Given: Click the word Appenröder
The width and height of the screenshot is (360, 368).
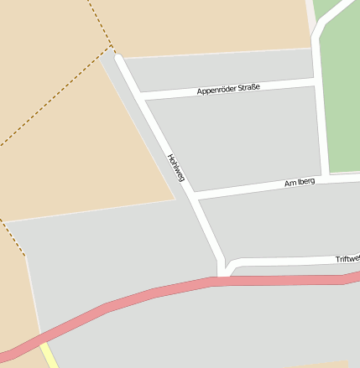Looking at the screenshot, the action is pyautogui.click(x=217, y=89).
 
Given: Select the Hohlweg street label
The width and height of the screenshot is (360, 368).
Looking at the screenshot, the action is pyautogui.click(x=175, y=168).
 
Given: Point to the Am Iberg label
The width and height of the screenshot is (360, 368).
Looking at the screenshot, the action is pyautogui.click(x=300, y=182).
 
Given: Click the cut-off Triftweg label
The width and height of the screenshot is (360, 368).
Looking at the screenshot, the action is pyautogui.click(x=347, y=259).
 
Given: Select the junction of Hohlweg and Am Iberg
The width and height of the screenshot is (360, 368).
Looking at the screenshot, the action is pyautogui.click(x=193, y=194).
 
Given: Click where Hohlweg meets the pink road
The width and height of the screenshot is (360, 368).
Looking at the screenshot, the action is pyautogui.click(x=222, y=279).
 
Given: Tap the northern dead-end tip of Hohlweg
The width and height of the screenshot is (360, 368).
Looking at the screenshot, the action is pyautogui.click(x=119, y=57).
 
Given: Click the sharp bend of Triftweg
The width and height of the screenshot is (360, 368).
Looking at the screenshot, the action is pyautogui.click(x=232, y=264).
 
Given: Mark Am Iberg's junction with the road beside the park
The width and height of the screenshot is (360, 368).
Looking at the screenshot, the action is pyautogui.click(x=324, y=179).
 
